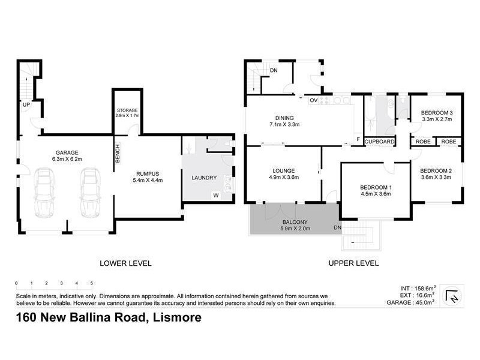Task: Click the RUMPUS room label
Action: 147,172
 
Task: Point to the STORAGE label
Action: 127,110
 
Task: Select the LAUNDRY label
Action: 203,178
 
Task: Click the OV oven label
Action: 313,100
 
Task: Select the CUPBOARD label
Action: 379,142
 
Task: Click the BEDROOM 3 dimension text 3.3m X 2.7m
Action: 436,120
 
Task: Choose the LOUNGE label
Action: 283,170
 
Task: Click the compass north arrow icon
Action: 451,296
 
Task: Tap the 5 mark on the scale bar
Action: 91,283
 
